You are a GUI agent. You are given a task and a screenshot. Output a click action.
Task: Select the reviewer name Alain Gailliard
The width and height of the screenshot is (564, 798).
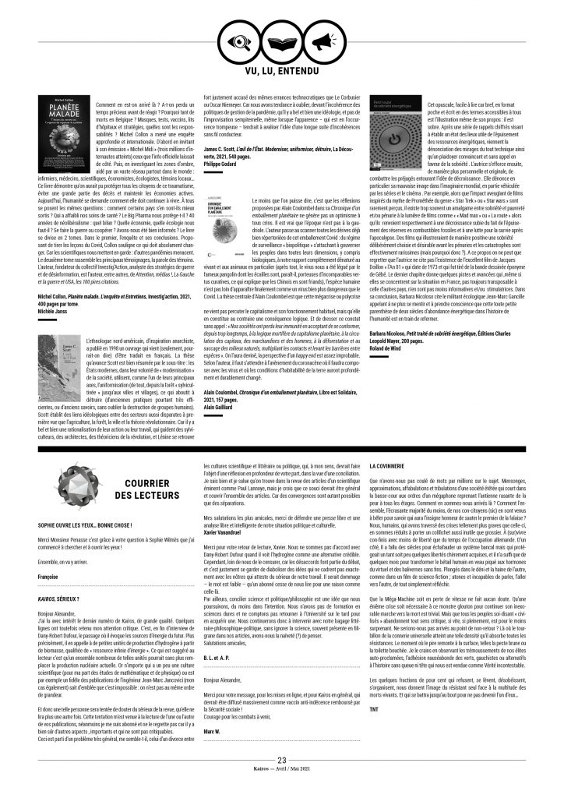(218, 407)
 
